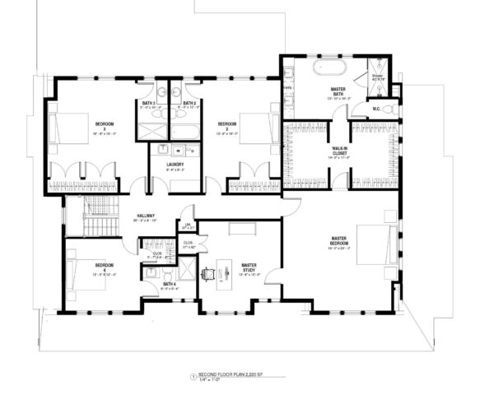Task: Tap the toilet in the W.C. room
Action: pyautogui.click(x=389, y=108)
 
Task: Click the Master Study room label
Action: pyautogui.click(x=249, y=267)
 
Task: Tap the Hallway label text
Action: pyautogui.click(x=147, y=217)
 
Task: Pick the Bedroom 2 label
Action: pyautogui.click(x=227, y=126)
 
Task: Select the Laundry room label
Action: pyautogui.click(x=175, y=165)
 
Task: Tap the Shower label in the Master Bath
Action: pyautogui.click(x=377, y=77)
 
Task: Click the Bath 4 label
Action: pyautogui.click(x=170, y=285)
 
